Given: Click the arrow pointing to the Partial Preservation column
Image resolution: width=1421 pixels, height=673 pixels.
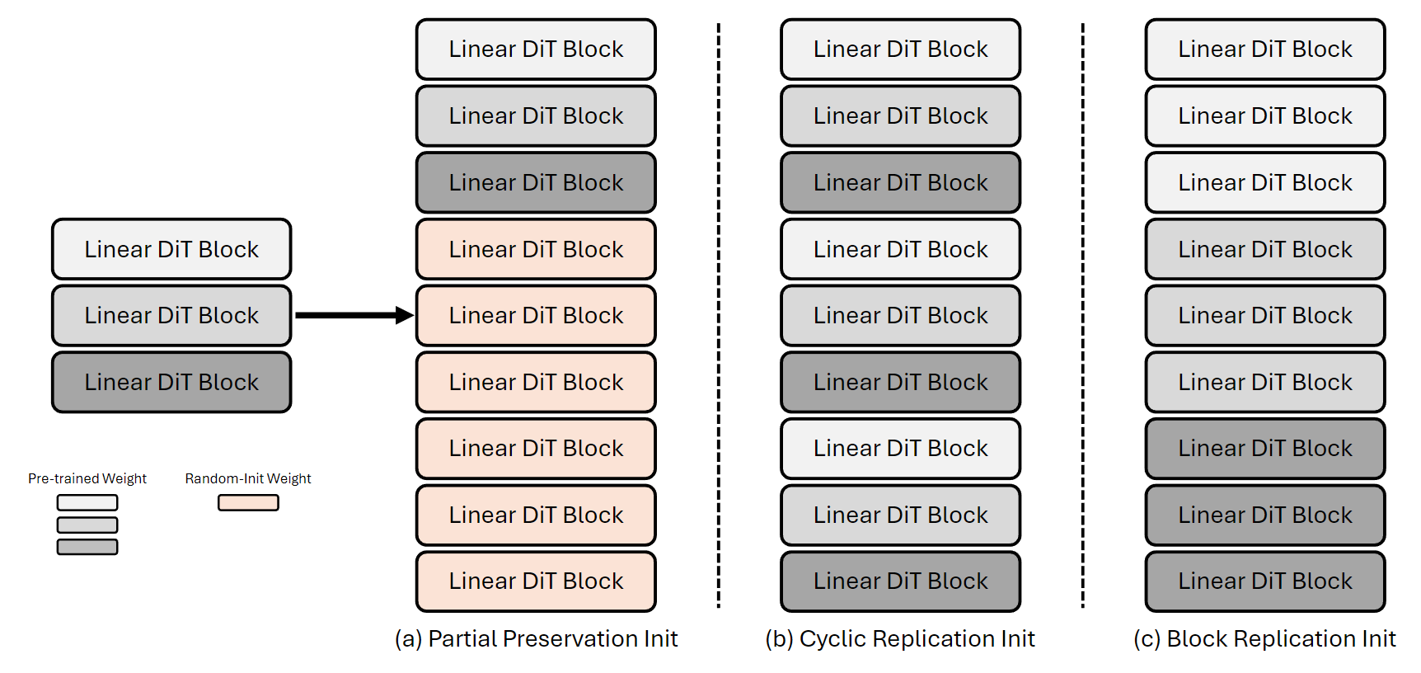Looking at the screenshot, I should (x=353, y=315).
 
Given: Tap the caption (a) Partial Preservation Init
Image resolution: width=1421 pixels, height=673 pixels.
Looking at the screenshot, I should (x=536, y=639).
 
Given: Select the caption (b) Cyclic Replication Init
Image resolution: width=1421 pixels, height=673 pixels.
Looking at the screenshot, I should (x=900, y=639).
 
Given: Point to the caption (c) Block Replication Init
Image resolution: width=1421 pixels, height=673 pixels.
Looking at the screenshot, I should (x=1264, y=639).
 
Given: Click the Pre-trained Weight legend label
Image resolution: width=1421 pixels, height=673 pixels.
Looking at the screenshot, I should (x=87, y=478).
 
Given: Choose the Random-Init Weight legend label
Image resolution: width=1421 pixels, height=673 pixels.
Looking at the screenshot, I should (x=248, y=478).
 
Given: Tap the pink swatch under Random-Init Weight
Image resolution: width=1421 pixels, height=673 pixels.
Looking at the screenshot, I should (x=248, y=502).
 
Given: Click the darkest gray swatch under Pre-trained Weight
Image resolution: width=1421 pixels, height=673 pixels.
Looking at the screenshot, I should (x=87, y=547).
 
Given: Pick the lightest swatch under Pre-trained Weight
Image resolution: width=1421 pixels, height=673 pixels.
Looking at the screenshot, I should (x=87, y=502).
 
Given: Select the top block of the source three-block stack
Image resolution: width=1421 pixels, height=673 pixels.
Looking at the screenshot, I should (x=171, y=249).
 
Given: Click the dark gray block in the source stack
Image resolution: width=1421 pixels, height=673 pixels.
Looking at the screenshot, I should (x=171, y=382).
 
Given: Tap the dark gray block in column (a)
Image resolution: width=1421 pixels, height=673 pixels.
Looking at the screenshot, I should (x=536, y=182).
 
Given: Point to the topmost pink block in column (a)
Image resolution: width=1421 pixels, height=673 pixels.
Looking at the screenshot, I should (x=536, y=249).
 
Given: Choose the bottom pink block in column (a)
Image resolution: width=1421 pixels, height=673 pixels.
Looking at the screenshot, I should (x=536, y=581).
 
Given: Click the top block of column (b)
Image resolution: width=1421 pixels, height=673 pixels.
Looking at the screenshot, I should (x=900, y=49).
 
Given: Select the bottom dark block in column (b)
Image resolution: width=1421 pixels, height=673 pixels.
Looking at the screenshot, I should (x=900, y=581).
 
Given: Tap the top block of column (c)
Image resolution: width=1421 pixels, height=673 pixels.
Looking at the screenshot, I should (x=1264, y=49).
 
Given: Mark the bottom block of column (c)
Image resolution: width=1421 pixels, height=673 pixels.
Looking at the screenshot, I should (x=1264, y=581).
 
